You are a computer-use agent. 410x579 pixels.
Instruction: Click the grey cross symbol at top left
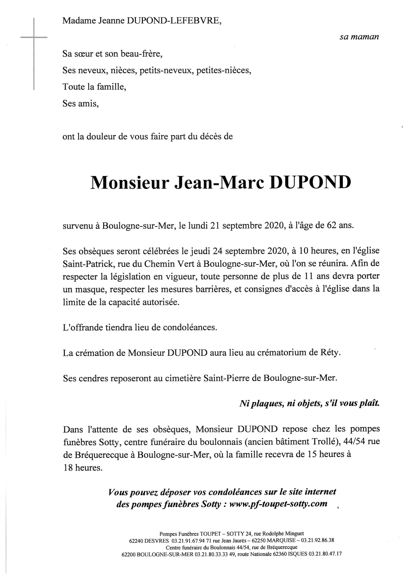(x=34, y=38)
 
